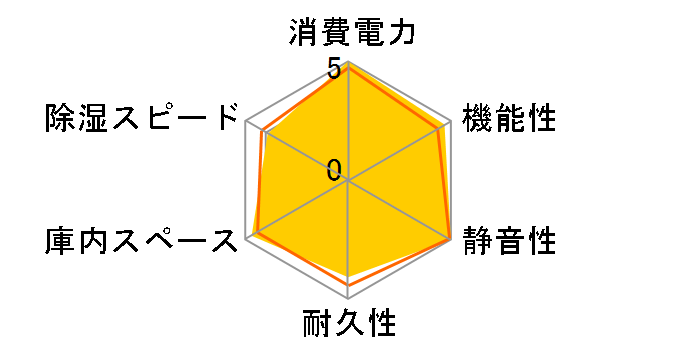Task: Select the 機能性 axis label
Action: pyautogui.click(x=508, y=117)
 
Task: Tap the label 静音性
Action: pyautogui.click(x=508, y=241)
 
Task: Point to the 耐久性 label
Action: pyautogui.click(x=349, y=325)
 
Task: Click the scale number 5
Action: pyautogui.click(x=334, y=71)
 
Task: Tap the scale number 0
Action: pyautogui.click(x=334, y=169)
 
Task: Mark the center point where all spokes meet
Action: pyautogui.click(x=348, y=181)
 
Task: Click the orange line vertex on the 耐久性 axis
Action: pyautogui.click(x=348, y=285)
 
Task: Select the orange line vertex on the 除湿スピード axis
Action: pyautogui.click(x=262, y=131)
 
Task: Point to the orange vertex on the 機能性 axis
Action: pyautogui.click(x=440, y=128)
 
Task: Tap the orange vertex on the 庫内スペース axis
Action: pyautogui.click(x=256, y=234)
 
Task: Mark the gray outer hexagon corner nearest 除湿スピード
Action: pyautogui.click(x=245, y=121)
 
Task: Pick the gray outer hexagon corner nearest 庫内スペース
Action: pyautogui.click(x=245, y=240)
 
